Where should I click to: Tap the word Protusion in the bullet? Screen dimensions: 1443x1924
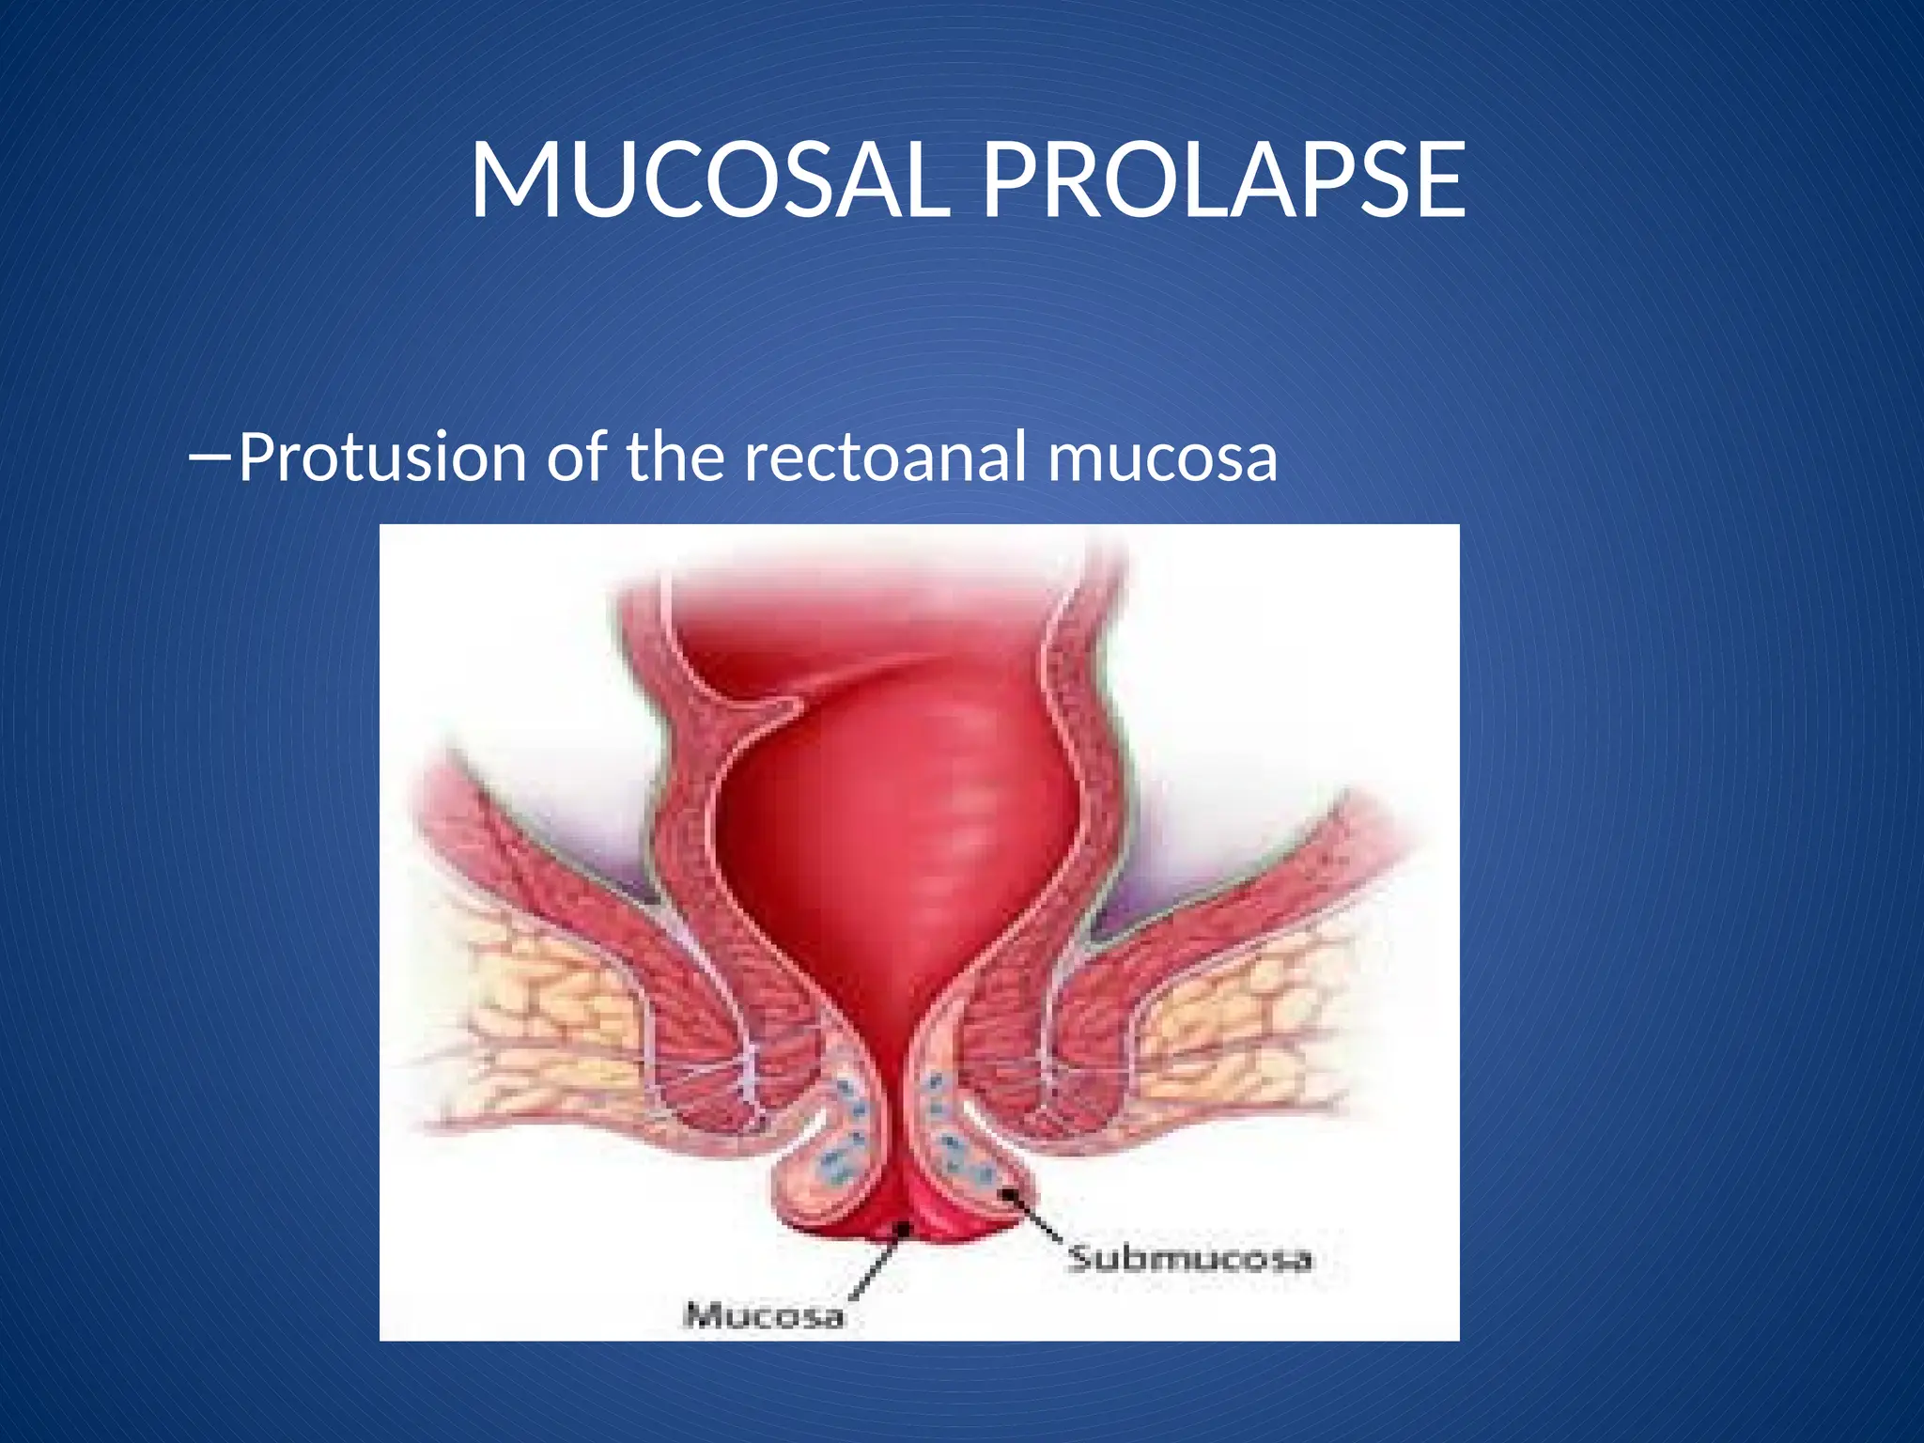tap(381, 458)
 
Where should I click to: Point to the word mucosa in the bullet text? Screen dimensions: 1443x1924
tap(1162, 458)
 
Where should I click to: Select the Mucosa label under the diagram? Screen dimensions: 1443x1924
tap(765, 1314)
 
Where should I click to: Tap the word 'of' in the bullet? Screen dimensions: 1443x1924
tap(576, 458)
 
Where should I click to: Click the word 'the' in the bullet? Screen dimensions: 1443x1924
tap(675, 458)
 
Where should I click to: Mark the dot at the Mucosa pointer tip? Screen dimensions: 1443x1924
tap(903, 1227)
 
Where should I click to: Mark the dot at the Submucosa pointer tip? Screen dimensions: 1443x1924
tap(1011, 1195)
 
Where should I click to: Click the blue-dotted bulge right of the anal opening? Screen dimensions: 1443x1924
tap(963, 1137)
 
